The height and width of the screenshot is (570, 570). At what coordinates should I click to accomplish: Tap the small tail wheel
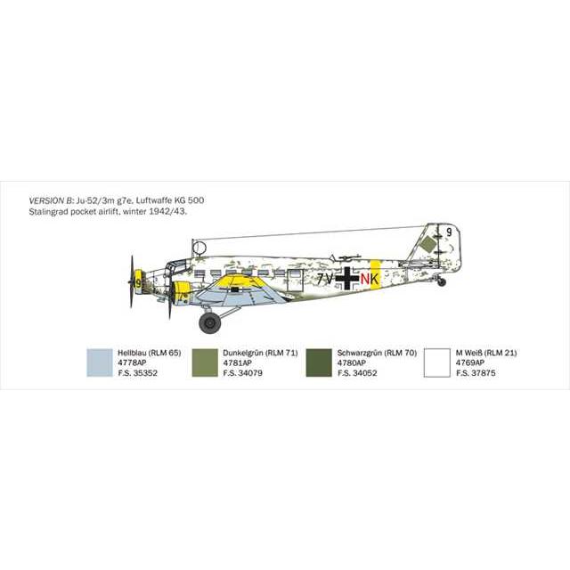(x=441, y=282)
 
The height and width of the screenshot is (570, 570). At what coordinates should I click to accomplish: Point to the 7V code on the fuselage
(x=324, y=278)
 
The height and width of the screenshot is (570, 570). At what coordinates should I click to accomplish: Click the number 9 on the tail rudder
(x=451, y=232)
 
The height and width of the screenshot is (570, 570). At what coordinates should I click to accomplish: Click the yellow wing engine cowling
(x=182, y=289)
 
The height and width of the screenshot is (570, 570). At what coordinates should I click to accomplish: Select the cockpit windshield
(x=175, y=265)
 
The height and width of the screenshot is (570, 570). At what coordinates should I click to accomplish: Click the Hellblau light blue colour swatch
(x=100, y=362)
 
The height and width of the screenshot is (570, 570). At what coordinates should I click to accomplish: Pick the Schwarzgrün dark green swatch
(x=319, y=362)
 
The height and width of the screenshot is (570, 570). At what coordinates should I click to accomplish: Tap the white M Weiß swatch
(x=436, y=362)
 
